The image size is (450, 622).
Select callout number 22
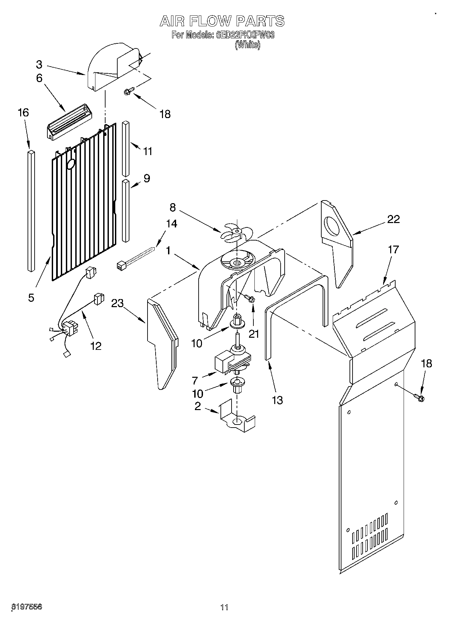pyautogui.click(x=393, y=219)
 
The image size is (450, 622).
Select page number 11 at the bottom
pyautogui.click(x=224, y=607)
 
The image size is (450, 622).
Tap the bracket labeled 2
pyautogui.click(x=236, y=417)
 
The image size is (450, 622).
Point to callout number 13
pyautogui.click(x=278, y=400)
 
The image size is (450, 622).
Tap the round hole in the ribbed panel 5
pyautogui.click(x=71, y=164)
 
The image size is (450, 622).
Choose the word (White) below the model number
pyautogui.click(x=247, y=45)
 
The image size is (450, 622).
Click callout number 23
pyautogui.click(x=117, y=303)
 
